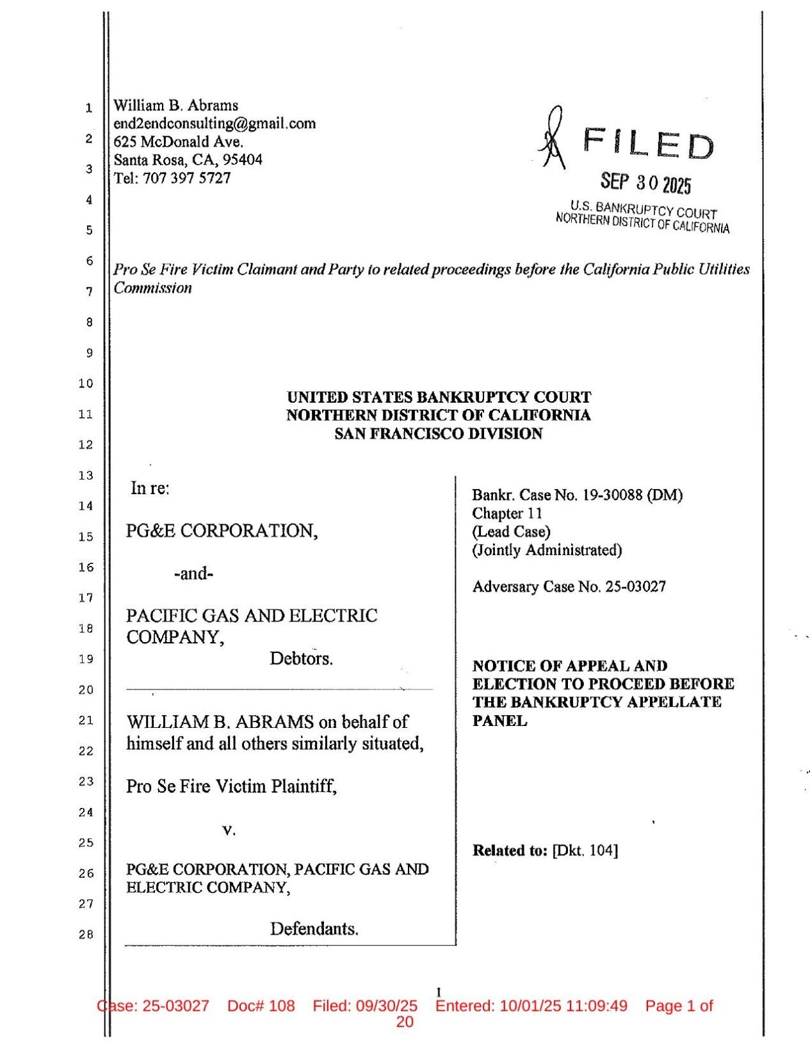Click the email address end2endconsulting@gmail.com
pos(215,123)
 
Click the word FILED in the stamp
pos(648,145)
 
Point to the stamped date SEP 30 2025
pos(645,183)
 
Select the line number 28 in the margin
pos(86,935)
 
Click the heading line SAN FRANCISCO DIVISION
pos(439,434)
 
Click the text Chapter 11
pos(507,513)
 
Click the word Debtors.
pos(301,659)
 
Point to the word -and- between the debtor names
pos(193,573)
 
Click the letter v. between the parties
pos(229,831)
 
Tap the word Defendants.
pos(314,929)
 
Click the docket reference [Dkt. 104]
pos(585,851)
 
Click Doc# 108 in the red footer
pos(261,1006)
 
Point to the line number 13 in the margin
pos(86,475)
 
